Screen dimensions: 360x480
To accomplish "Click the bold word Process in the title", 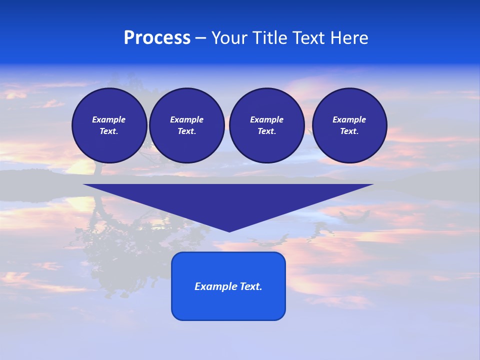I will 157,38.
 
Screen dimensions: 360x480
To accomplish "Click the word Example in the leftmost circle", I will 109,119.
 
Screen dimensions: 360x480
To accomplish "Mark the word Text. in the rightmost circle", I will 349,131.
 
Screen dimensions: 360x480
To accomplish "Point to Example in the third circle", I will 266,119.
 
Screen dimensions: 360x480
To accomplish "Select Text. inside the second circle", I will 186,131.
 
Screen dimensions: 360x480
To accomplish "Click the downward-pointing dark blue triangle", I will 228,200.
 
